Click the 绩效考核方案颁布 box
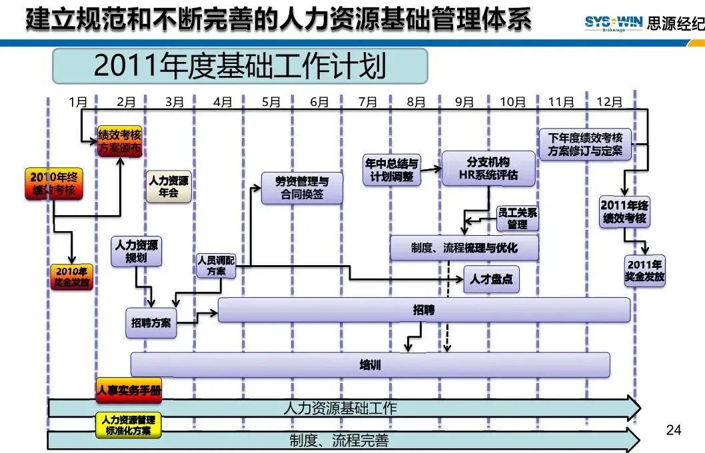tap(120, 141)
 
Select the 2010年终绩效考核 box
tap(54, 183)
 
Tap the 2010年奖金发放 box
tap(71, 276)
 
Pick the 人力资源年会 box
tap(169, 187)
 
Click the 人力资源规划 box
tap(136, 251)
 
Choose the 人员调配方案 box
tap(217, 266)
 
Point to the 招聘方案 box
tap(151, 322)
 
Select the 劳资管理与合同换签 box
tap(302, 188)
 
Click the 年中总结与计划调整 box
tap(392, 170)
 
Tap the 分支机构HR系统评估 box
tap(488, 169)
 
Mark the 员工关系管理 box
tap(518, 219)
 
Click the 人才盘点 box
tap(491, 279)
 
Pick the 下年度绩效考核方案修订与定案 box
tap(586, 145)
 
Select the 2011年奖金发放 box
tap(645, 270)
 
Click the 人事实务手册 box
tap(129, 390)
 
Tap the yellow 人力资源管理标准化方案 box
tap(128, 425)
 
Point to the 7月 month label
tap(367, 102)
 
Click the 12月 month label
tap(609, 102)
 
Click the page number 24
tap(674, 430)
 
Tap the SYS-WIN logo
tap(613, 23)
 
